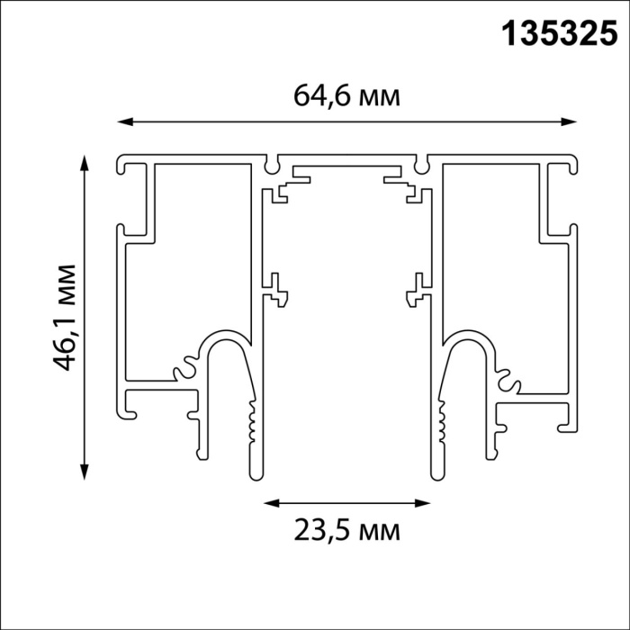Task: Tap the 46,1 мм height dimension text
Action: (64, 318)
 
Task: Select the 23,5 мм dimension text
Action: (346, 530)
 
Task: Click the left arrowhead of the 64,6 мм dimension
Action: (124, 121)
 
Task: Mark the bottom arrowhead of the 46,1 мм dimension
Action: (85, 475)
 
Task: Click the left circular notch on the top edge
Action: (273, 166)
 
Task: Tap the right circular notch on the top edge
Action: (421, 166)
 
